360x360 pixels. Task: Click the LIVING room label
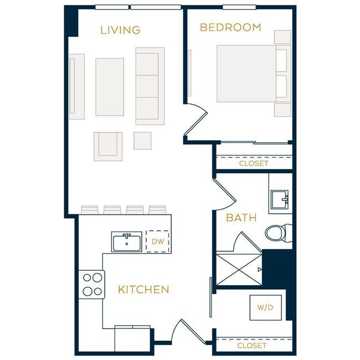click(x=120, y=30)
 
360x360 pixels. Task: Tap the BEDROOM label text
click(x=230, y=27)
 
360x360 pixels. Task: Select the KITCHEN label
click(x=143, y=289)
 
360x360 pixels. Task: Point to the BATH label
click(x=241, y=218)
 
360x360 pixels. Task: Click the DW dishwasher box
click(x=157, y=241)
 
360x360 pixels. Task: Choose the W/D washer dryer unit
click(x=265, y=307)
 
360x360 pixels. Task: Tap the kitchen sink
click(x=127, y=242)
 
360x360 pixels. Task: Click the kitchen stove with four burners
click(x=91, y=284)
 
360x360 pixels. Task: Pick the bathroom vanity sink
click(x=279, y=198)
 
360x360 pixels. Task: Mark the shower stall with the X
click(x=238, y=270)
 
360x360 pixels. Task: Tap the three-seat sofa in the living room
click(x=150, y=86)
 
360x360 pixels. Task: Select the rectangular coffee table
click(x=110, y=87)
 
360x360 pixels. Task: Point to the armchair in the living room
click(x=108, y=146)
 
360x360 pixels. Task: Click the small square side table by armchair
click(x=142, y=141)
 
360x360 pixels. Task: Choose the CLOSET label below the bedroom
click(x=253, y=163)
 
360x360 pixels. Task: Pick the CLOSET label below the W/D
click(x=251, y=345)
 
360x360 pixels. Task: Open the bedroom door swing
click(x=196, y=119)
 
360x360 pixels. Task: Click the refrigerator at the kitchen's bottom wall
click(x=132, y=338)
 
